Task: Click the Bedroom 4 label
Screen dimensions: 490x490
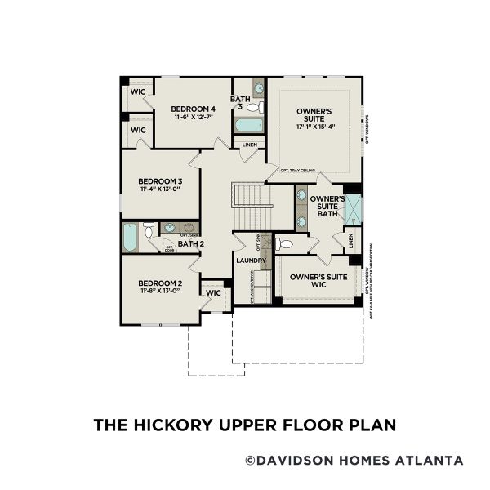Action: coord(193,109)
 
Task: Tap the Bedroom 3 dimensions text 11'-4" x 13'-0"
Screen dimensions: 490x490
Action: coord(159,189)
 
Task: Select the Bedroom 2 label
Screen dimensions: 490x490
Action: coord(159,283)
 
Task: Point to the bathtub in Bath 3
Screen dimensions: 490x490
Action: coord(249,125)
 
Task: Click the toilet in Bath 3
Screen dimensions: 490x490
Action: coord(253,107)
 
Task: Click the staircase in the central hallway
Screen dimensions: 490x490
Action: coord(250,207)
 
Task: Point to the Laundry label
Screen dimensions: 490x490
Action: coord(251,261)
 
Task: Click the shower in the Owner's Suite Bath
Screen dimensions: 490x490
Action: coord(353,210)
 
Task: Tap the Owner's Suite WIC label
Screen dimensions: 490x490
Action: coord(319,281)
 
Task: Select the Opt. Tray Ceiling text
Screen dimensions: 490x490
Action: coord(297,171)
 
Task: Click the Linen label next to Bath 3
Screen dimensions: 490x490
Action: coord(250,145)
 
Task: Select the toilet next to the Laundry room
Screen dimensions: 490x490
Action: coord(283,243)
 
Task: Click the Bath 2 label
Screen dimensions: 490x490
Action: coord(190,243)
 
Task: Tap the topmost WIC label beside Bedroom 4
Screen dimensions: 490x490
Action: coord(138,91)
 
